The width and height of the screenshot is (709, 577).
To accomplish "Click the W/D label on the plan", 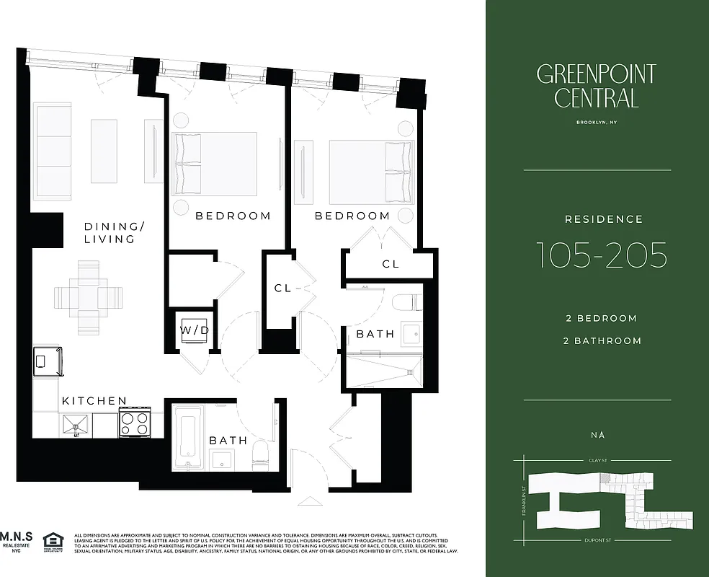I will click(x=195, y=330).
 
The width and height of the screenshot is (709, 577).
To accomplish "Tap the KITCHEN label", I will click(x=94, y=401).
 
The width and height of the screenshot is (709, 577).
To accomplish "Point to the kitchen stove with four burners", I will click(x=135, y=423).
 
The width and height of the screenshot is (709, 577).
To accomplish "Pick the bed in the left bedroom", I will click(x=215, y=163).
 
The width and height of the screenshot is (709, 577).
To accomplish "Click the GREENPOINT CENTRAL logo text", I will click(x=596, y=85).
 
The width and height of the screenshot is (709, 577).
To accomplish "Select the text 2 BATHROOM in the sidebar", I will click(x=602, y=341).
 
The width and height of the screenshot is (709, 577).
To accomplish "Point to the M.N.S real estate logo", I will click(x=17, y=542).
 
